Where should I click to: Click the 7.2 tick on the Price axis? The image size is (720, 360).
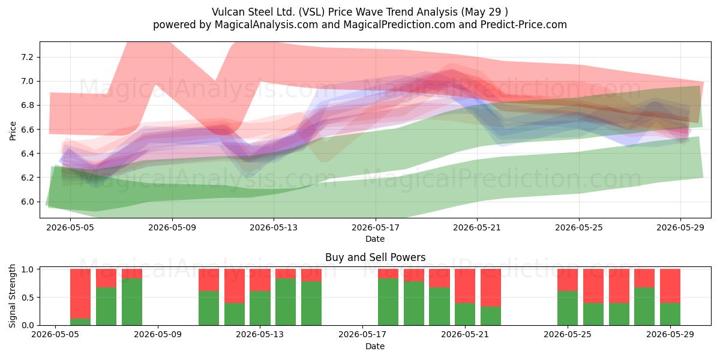(27, 57)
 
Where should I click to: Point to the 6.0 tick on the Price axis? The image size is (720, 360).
(27, 202)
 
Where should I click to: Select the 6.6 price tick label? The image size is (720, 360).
(27, 130)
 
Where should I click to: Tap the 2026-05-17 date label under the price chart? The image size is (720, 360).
(376, 227)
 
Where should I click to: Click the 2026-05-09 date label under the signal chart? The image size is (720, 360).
(158, 335)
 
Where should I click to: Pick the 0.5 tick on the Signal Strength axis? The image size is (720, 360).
(27, 298)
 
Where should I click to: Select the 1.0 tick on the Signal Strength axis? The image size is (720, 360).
(27, 269)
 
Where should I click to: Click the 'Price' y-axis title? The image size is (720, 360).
(13, 131)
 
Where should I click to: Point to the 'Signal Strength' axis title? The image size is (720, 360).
(12, 296)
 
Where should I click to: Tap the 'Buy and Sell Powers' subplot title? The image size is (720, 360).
(376, 257)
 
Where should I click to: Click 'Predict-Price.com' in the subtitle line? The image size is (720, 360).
(524, 25)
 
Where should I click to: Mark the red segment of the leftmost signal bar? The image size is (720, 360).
(80, 294)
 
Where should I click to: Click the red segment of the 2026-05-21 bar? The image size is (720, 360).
(465, 286)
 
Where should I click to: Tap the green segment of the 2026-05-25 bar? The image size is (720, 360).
(568, 308)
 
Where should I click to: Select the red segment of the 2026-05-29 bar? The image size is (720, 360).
(670, 286)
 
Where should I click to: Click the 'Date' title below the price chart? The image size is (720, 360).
(375, 239)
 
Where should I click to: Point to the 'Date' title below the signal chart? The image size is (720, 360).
(375, 346)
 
